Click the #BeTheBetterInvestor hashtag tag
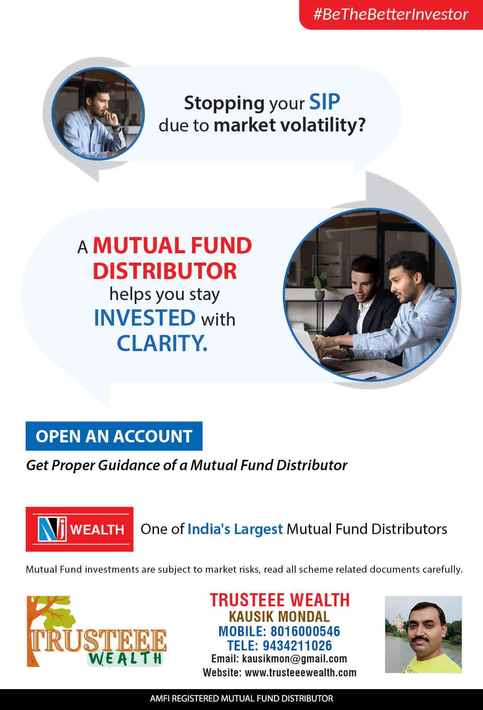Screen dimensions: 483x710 [391, 14]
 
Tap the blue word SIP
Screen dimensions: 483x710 [325, 102]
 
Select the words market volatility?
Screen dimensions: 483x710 [289, 125]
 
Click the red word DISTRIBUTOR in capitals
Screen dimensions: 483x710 [165, 271]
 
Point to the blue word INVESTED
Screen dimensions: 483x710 [145, 318]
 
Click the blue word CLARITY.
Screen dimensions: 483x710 [162, 343]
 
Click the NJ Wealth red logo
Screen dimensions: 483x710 [80, 529]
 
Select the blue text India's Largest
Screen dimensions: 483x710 [235, 529]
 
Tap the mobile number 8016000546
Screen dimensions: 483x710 [305, 631]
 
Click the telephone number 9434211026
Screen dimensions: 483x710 [297, 645]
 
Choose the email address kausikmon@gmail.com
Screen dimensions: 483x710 [294, 659]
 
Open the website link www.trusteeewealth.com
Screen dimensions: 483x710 [301, 672]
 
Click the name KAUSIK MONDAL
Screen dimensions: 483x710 [279, 616]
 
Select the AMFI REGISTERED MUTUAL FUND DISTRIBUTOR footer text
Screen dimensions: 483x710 [241, 698]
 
